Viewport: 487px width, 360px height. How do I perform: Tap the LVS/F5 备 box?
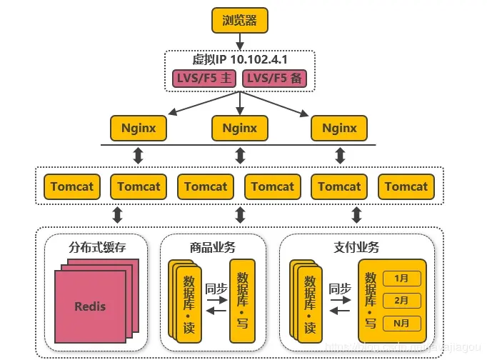(x=275, y=79)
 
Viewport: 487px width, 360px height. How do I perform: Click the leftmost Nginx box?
(x=139, y=129)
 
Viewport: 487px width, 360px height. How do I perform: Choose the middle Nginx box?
(x=239, y=129)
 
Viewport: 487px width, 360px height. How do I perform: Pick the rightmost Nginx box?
(x=339, y=129)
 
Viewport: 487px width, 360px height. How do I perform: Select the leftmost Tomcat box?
(x=72, y=186)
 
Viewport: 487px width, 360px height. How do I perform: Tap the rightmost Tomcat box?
(x=406, y=186)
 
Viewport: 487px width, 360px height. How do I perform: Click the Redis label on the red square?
(x=90, y=306)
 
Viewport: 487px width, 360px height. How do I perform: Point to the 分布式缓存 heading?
(x=96, y=247)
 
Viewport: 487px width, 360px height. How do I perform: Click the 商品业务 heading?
(x=213, y=247)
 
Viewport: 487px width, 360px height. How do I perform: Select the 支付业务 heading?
(x=356, y=247)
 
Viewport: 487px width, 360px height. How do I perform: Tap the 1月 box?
(x=401, y=279)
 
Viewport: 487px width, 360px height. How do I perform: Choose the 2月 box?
(x=401, y=300)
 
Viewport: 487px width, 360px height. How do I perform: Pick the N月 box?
(x=401, y=322)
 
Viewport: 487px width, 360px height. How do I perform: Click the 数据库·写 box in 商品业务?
(x=243, y=300)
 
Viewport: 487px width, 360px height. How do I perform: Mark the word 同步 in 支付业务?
(x=339, y=289)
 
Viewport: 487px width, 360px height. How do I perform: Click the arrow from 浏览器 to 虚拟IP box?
(x=239, y=40)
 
